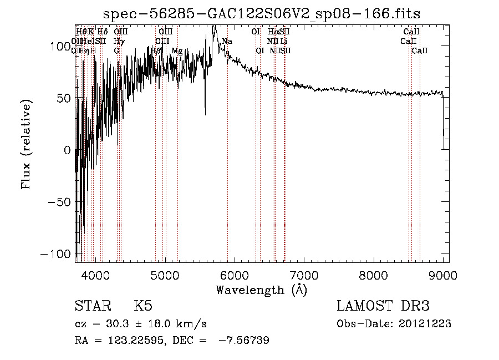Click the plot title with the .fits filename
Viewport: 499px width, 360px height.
coord(262,14)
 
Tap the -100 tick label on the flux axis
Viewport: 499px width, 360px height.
coord(58,253)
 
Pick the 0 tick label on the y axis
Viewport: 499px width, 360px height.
coord(68,150)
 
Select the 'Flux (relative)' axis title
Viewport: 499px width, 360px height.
coord(26,144)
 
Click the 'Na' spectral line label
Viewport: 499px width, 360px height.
coord(227,42)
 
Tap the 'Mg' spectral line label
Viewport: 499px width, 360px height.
coord(176,51)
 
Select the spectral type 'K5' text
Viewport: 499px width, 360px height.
coord(142,306)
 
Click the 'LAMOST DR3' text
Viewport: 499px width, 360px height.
coord(383,306)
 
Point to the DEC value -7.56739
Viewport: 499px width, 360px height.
coord(244,341)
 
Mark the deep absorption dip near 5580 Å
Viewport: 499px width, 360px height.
coord(205,113)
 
